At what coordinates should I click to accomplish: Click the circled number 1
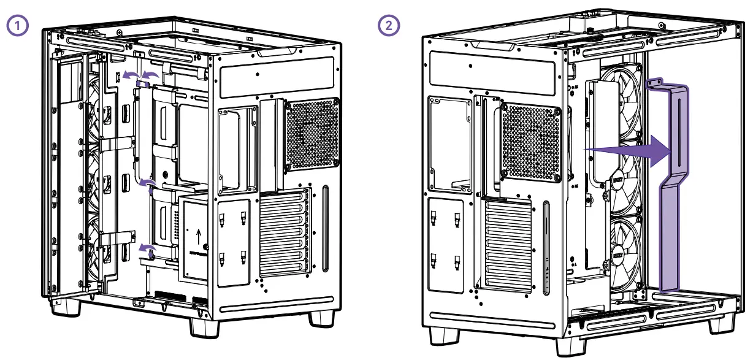click(17, 26)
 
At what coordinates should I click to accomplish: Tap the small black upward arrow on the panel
click(198, 236)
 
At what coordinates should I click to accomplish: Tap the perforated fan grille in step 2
click(531, 140)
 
